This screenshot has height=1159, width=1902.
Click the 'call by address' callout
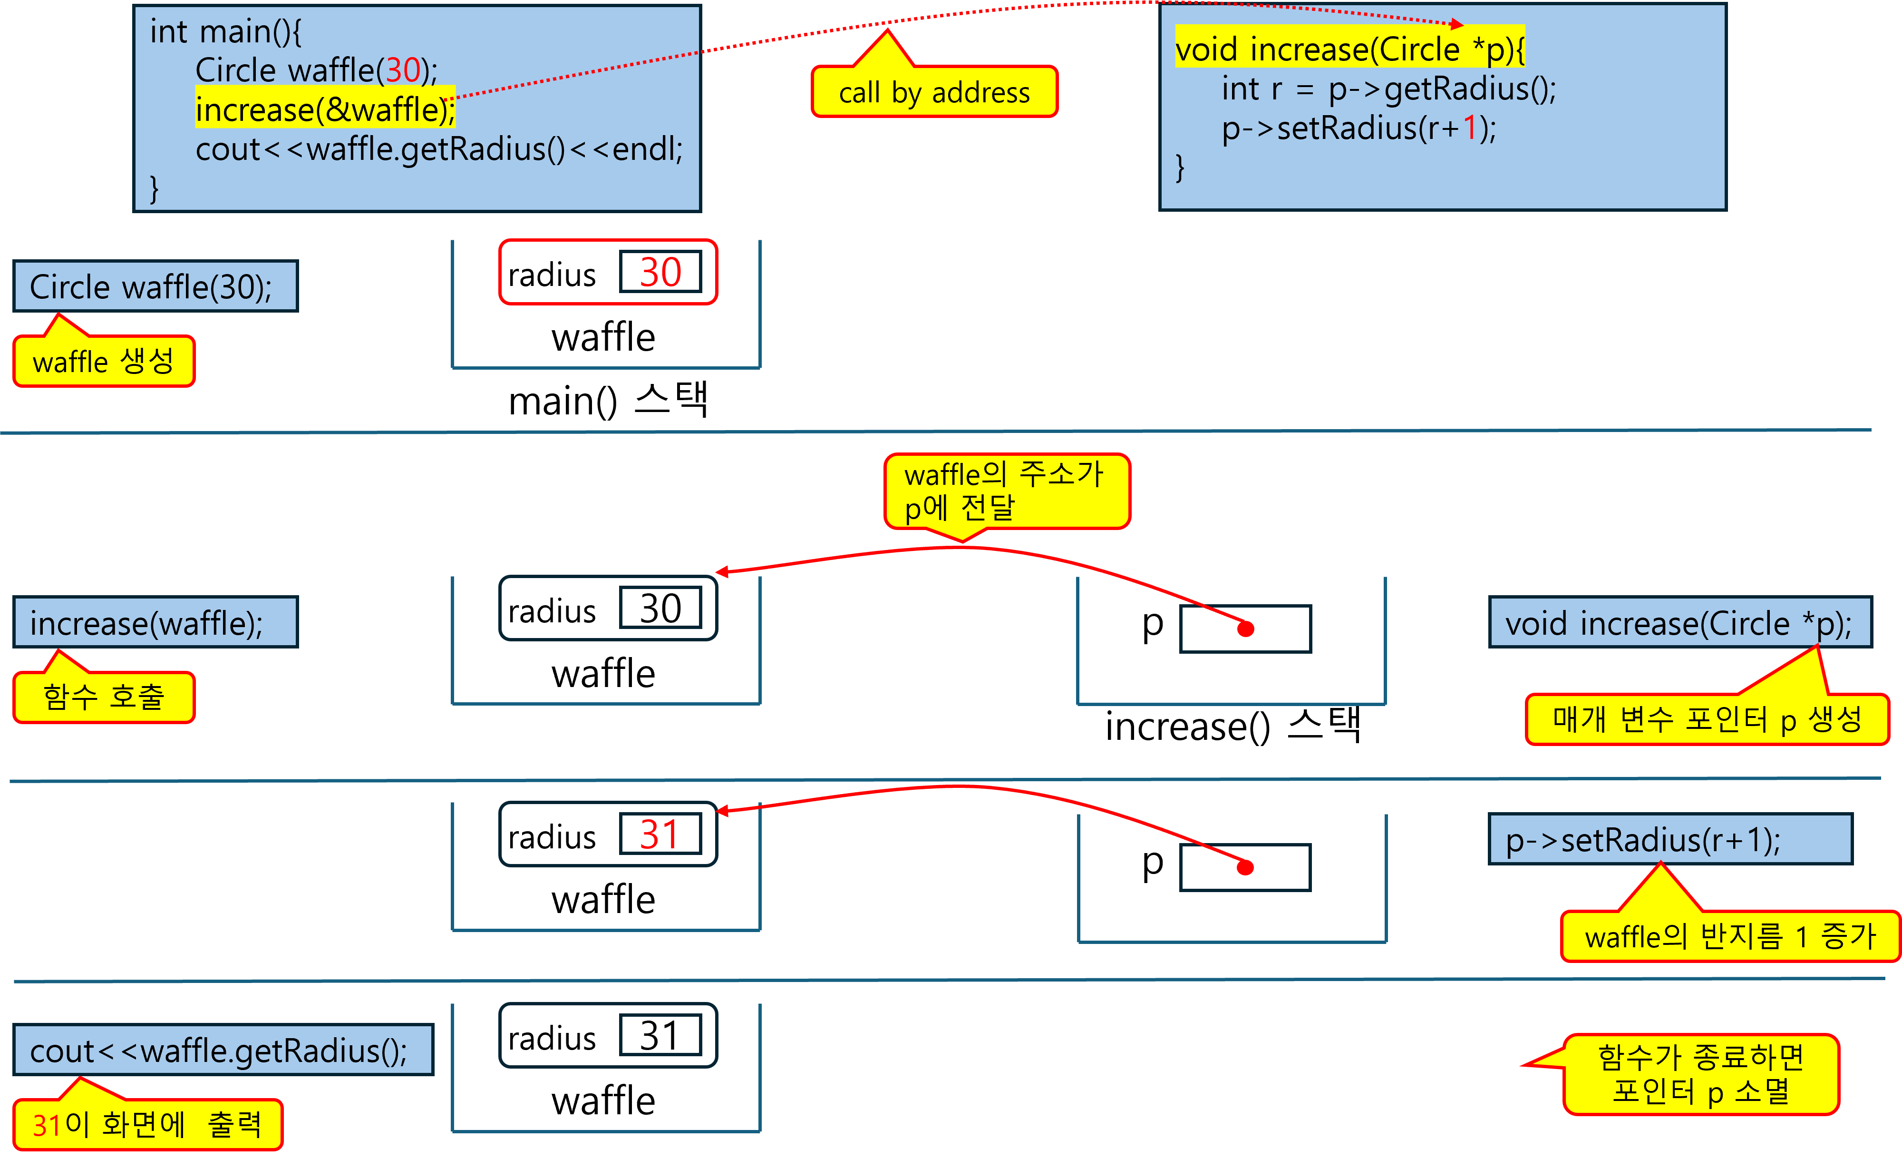click(x=934, y=93)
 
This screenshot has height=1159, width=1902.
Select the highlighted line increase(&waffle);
click(x=325, y=109)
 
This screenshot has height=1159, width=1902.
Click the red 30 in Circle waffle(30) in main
click(x=403, y=70)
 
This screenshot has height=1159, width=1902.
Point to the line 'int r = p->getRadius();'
click(x=1388, y=89)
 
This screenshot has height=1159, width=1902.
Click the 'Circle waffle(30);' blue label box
click(x=155, y=286)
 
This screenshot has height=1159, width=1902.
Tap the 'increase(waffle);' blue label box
click(x=155, y=622)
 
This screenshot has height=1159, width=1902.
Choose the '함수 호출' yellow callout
click(x=104, y=697)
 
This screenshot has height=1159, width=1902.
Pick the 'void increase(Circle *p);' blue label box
click(x=1679, y=622)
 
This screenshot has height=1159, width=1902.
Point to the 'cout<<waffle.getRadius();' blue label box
click(x=223, y=1050)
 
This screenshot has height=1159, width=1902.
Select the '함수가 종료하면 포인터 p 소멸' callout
click(x=1700, y=1074)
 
